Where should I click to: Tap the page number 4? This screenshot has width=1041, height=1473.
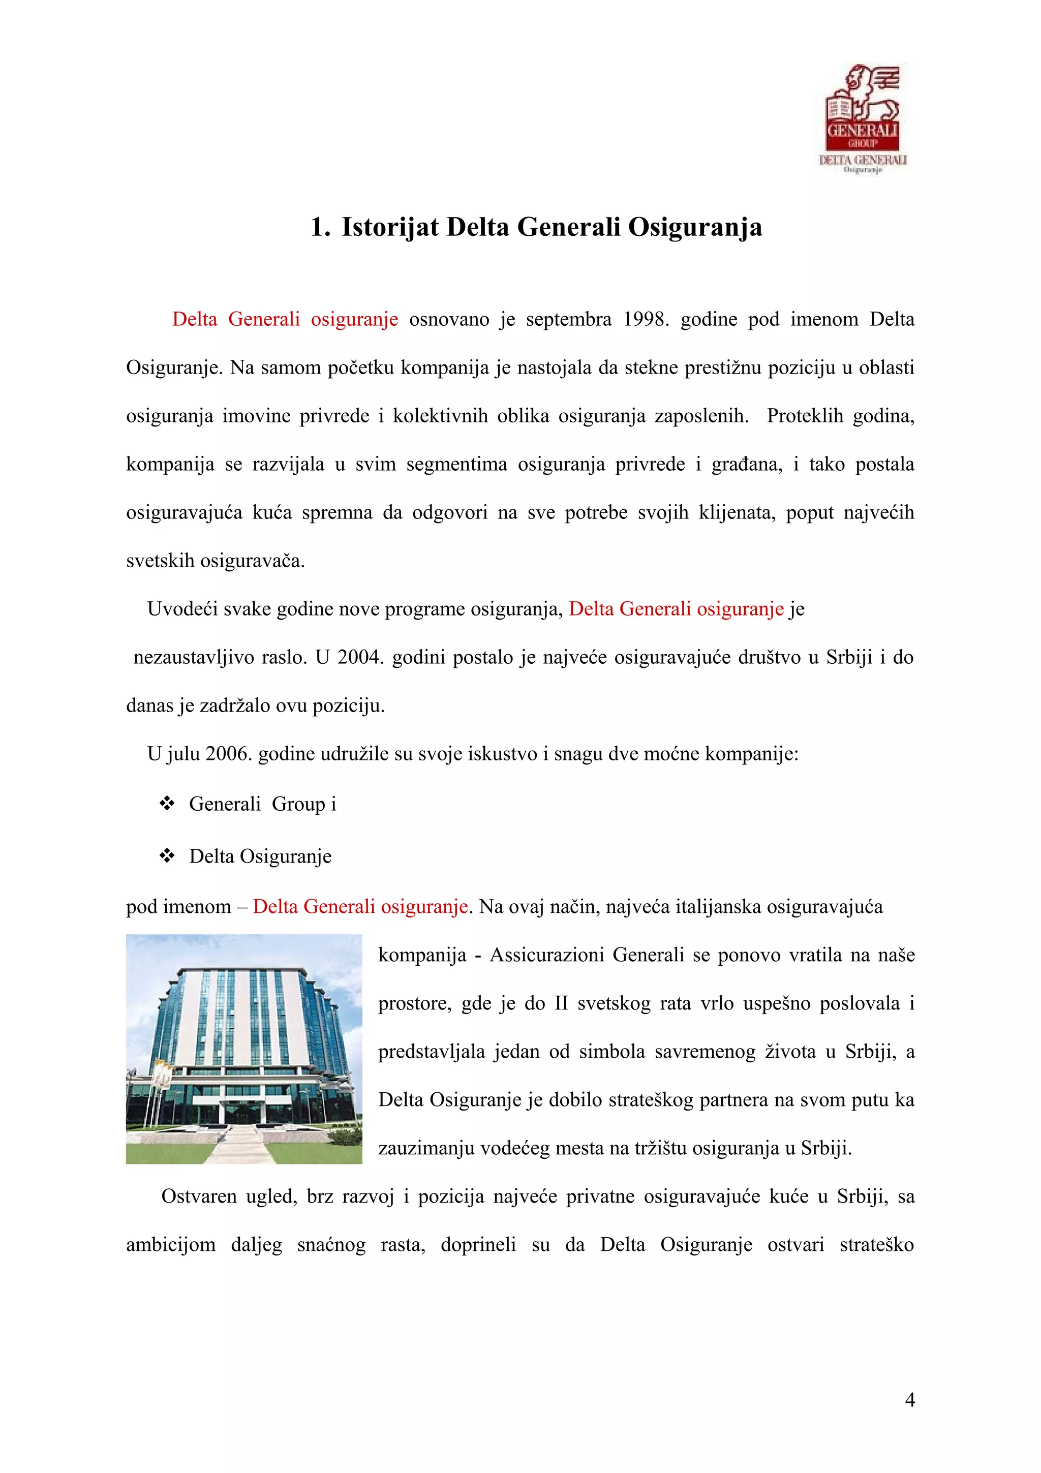coord(909,1400)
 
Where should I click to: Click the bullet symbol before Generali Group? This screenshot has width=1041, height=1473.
coord(167,803)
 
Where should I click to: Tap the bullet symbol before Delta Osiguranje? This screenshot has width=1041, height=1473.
coord(167,856)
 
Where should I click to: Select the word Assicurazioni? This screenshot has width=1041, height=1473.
coord(546,955)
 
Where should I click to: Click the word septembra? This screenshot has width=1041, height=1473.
coord(568,320)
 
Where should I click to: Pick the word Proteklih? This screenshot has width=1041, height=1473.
coord(805,416)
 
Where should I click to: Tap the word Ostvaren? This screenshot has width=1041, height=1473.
coord(199,1196)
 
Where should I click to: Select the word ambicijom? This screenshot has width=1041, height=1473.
coord(171,1245)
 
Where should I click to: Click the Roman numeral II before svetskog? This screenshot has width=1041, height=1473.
coord(561,1003)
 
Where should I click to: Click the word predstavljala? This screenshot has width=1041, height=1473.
coord(431,1052)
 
